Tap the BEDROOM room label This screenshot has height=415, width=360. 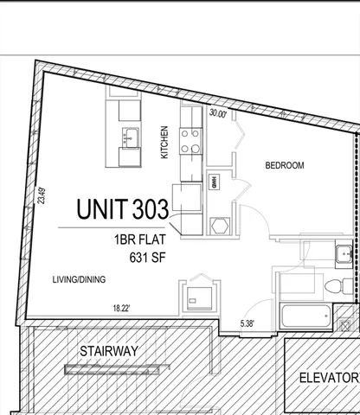283,165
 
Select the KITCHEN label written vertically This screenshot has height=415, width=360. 164,143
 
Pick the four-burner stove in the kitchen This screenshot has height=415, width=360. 190,140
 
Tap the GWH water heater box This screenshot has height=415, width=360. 214,184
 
